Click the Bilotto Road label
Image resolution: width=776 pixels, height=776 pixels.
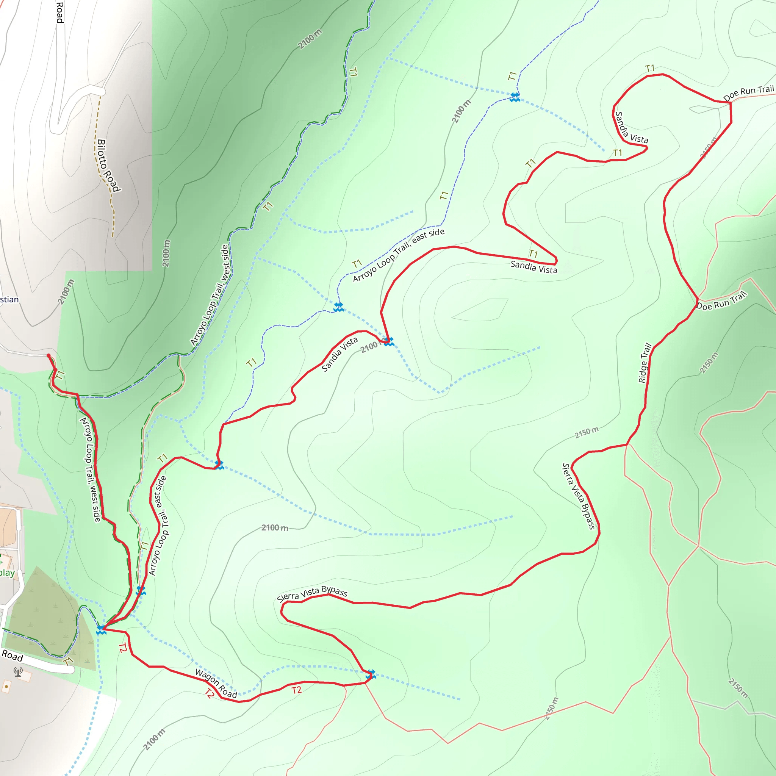tap(108, 166)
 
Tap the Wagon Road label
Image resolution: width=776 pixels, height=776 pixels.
tap(216, 683)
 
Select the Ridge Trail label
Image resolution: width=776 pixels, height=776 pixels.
tap(645, 363)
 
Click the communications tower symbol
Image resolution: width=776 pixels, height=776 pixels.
tap(18, 672)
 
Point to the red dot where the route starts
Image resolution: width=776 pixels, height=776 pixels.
tap(48, 355)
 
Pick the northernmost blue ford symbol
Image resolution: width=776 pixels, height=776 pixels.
tap(515, 97)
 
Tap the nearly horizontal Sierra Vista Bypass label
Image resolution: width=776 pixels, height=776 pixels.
tap(312, 593)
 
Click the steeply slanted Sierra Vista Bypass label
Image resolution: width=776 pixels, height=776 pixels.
tap(578, 496)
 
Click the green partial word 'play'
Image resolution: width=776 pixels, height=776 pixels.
tap(7, 573)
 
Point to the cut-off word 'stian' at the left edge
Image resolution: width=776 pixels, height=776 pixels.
tap(9, 299)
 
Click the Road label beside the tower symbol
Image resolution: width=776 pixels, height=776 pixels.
tap(12, 656)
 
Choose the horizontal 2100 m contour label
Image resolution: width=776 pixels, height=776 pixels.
tap(275, 527)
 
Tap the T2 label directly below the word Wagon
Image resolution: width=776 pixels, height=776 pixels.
tap(209, 693)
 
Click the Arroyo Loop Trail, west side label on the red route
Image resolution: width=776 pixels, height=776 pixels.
tap(91, 469)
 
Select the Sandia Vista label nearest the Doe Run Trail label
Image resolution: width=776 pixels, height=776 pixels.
tap(631, 128)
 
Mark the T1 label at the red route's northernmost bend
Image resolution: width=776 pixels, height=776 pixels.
tap(650, 68)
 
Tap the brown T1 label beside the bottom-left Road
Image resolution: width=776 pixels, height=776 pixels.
tap(68, 661)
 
